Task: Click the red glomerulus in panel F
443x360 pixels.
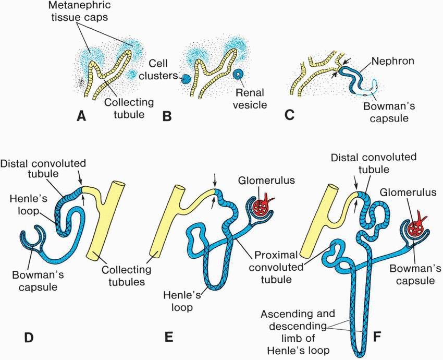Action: [x=415, y=230]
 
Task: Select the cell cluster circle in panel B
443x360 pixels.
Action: [x=185, y=80]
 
